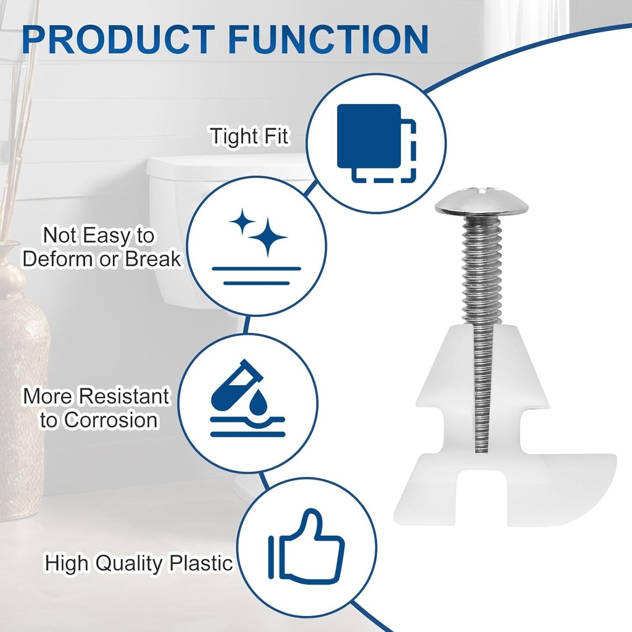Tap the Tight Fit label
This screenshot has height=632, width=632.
tap(249, 136)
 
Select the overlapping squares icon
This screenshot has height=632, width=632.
tap(376, 143)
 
